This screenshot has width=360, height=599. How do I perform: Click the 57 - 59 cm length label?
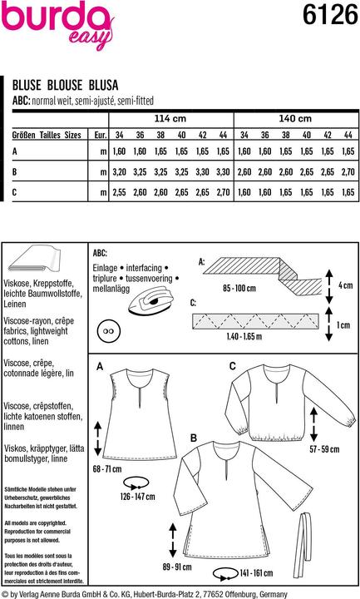click(x=322, y=449)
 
